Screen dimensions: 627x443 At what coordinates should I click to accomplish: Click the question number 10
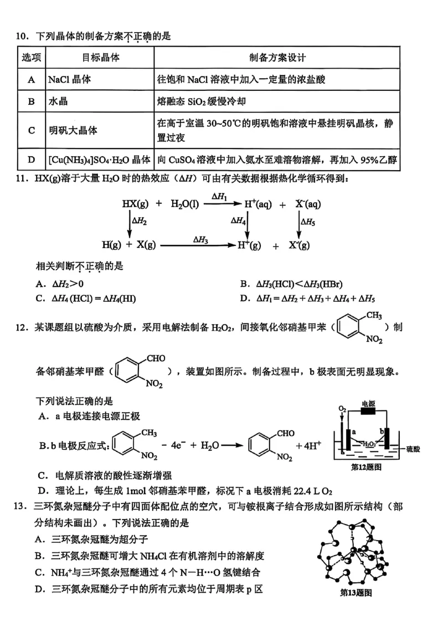point(22,37)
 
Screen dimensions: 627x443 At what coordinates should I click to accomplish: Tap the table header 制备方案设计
point(277,58)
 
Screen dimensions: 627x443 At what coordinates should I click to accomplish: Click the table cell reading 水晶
point(58,101)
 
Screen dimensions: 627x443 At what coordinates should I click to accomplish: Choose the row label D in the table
point(31,160)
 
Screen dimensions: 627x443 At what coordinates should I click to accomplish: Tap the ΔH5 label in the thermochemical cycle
point(308,222)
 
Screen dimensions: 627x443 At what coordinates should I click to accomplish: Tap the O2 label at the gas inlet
point(343,409)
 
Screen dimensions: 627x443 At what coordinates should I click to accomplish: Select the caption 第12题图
point(367,467)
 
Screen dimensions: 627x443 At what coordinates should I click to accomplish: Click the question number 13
point(22,506)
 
